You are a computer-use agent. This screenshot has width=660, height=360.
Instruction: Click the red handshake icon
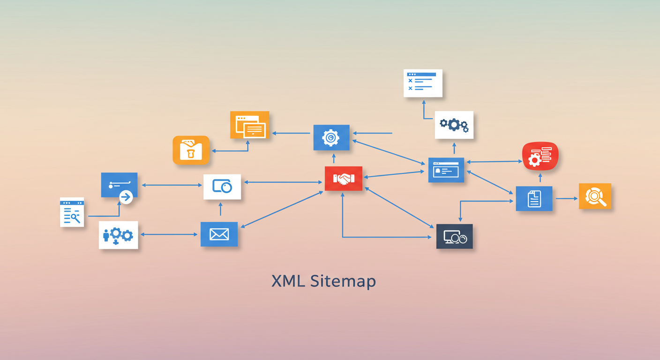(x=344, y=179)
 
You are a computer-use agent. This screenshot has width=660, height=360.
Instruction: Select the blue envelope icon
(x=219, y=234)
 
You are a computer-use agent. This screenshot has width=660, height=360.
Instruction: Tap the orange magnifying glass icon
(x=595, y=196)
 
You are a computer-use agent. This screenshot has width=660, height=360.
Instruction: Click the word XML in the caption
(x=288, y=281)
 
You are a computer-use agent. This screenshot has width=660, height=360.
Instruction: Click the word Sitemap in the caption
(x=343, y=282)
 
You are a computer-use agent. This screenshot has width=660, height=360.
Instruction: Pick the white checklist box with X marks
(x=423, y=83)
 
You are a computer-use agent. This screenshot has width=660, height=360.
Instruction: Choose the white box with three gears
(x=454, y=125)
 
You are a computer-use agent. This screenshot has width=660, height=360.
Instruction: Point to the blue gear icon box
(x=331, y=138)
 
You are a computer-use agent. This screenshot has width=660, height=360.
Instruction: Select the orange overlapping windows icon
(x=249, y=125)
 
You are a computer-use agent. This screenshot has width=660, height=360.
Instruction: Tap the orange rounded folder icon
(x=191, y=150)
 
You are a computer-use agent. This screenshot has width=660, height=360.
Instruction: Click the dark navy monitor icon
(x=454, y=236)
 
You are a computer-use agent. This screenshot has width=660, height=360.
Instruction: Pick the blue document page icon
(x=534, y=198)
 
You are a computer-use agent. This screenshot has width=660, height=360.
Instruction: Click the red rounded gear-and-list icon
(x=540, y=156)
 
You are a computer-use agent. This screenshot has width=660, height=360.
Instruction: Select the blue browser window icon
(x=446, y=170)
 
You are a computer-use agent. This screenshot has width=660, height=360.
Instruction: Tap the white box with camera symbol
(x=222, y=187)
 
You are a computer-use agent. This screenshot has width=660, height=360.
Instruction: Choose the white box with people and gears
(x=119, y=235)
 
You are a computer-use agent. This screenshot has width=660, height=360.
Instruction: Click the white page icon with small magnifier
(x=72, y=212)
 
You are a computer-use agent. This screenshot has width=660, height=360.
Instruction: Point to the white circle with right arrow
(x=126, y=197)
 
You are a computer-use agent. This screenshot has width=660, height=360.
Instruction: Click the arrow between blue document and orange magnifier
(x=566, y=198)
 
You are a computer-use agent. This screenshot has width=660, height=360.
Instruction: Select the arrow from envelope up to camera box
(x=220, y=209)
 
